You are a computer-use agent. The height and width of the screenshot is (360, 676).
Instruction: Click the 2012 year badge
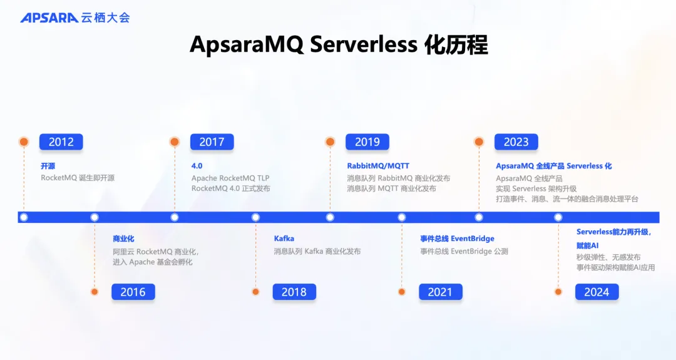[61, 142]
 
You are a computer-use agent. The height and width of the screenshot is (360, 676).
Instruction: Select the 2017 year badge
[212, 142]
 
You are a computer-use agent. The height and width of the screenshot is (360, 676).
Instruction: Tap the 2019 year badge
[367, 142]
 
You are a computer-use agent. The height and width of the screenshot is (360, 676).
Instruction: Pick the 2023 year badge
[516, 142]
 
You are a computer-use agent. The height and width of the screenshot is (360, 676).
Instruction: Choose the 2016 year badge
[133, 292]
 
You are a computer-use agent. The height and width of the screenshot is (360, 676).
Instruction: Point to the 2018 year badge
[294, 292]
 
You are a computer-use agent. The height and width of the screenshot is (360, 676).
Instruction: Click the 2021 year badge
[440, 292]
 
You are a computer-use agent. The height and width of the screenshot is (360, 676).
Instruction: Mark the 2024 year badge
[597, 292]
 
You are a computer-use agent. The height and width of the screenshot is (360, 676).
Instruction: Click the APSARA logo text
[49, 18]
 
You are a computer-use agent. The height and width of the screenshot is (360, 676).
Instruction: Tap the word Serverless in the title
[364, 44]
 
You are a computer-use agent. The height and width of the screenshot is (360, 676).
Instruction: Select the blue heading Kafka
[284, 239]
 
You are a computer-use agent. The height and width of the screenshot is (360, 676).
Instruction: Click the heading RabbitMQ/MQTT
[378, 166]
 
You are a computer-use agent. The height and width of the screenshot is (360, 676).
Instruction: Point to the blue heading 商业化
[123, 239]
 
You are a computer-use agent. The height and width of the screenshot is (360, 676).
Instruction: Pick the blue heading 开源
[48, 166]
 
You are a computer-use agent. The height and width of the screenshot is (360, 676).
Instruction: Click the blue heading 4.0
[197, 166]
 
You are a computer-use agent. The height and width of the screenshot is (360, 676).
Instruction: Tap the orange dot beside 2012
[24, 142]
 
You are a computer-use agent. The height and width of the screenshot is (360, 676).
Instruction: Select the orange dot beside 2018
[255, 292]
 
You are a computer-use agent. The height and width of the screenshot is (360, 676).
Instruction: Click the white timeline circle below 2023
[479, 217]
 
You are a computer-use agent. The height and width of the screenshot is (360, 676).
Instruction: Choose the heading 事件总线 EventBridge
[458, 239]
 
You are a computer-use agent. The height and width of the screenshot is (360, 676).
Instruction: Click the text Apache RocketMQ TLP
[230, 178]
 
